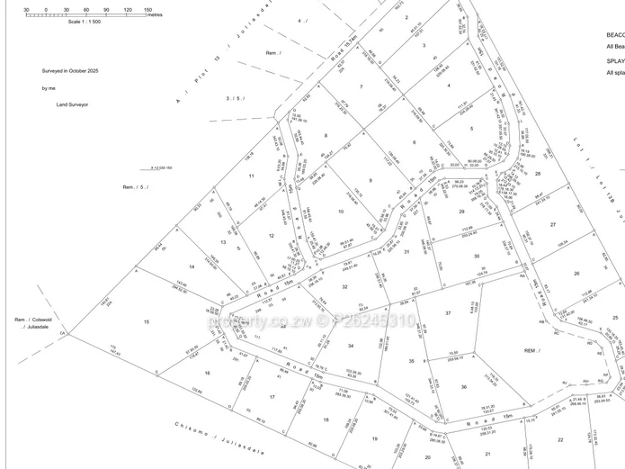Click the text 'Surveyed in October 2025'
pos(70,70)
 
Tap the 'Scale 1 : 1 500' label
pos(86,22)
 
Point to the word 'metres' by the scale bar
pos(154,15)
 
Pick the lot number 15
pos(146,320)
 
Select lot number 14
pos(192,267)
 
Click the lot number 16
pos(207,372)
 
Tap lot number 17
pos(272,397)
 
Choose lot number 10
pos(341,212)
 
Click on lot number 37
pos(447,312)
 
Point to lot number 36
pos(464,387)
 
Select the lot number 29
pos(461,211)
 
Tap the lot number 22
pos(559,438)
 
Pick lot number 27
pos(553,224)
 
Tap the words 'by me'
pos(47,88)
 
